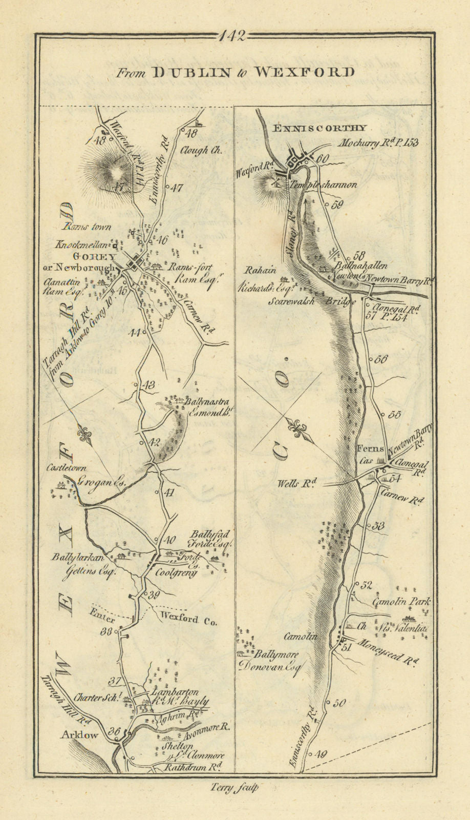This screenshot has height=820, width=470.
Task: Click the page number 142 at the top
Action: (x=233, y=36)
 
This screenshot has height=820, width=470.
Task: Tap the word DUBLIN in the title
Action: (x=192, y=72)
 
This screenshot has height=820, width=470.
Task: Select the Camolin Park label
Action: (x=401, y=602)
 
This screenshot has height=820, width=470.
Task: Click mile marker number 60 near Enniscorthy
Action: (x=322, y=159)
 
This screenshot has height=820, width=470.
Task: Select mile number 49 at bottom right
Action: (x=321, y=753)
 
